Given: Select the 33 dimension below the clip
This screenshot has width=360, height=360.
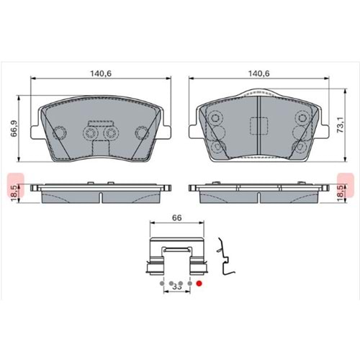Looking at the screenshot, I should tap(176, 286).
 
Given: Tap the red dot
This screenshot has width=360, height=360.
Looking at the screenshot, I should tap(200, 284).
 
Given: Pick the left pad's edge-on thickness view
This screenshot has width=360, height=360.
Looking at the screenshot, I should tap(100, 189).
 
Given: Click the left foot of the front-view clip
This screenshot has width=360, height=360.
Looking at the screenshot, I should tap(152, 269).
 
